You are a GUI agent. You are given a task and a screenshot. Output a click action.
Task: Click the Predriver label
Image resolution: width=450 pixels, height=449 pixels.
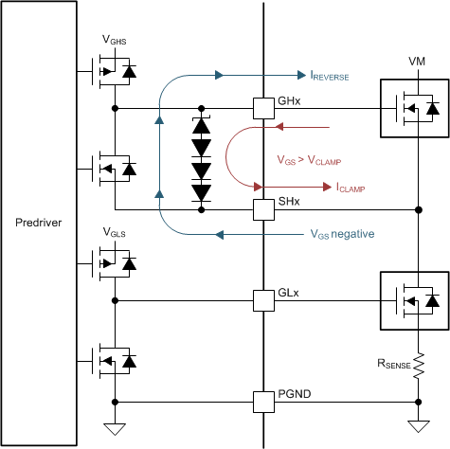39,223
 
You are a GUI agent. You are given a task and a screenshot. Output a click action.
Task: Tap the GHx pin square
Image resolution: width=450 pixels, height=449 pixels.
262,108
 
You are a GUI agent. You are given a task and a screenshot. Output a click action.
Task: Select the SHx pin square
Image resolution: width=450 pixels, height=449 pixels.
262,208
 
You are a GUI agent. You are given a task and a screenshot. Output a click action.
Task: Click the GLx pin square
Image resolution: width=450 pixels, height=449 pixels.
262,300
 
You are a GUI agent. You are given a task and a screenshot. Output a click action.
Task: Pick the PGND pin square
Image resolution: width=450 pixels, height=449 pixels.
262,401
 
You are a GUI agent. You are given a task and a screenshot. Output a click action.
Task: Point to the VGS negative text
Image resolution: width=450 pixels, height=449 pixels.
342,233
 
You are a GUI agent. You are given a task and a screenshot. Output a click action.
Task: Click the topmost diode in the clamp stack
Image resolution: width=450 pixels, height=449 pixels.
201,125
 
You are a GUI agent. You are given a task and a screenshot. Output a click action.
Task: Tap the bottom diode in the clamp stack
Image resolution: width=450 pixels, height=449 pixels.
201,192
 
